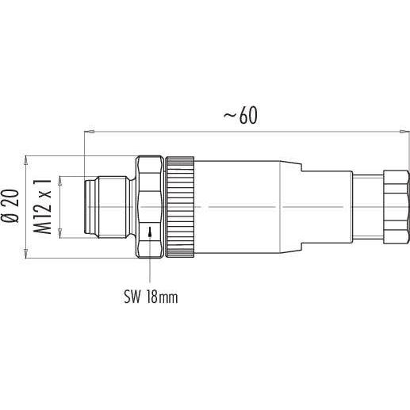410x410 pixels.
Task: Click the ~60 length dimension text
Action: [x=240, y=116]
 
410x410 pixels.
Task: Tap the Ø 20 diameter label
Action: [x=10, y=206]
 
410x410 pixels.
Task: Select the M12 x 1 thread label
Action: [x=42, y=207]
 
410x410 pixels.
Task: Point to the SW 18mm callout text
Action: [x=151, y=297]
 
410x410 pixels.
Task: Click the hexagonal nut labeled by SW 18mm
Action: [x=150, y=207]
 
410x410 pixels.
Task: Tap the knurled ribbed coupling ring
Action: [x=180, y=207]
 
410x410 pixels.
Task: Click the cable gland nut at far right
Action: [x=396, y=207]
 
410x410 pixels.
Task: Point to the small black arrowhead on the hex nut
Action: [x=150, y=232]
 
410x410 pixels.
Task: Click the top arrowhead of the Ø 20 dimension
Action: [x=25, y=160]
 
